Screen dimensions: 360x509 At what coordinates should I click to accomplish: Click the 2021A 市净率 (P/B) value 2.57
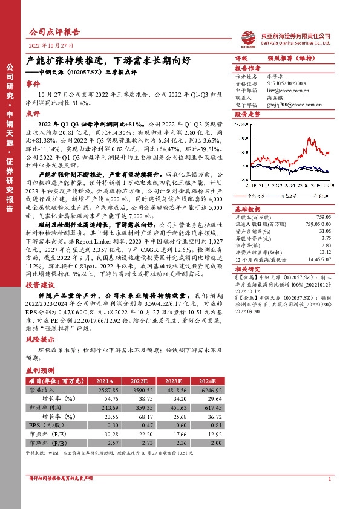coord(102,443)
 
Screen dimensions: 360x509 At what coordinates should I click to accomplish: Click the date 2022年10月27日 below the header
coord(51,45)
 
